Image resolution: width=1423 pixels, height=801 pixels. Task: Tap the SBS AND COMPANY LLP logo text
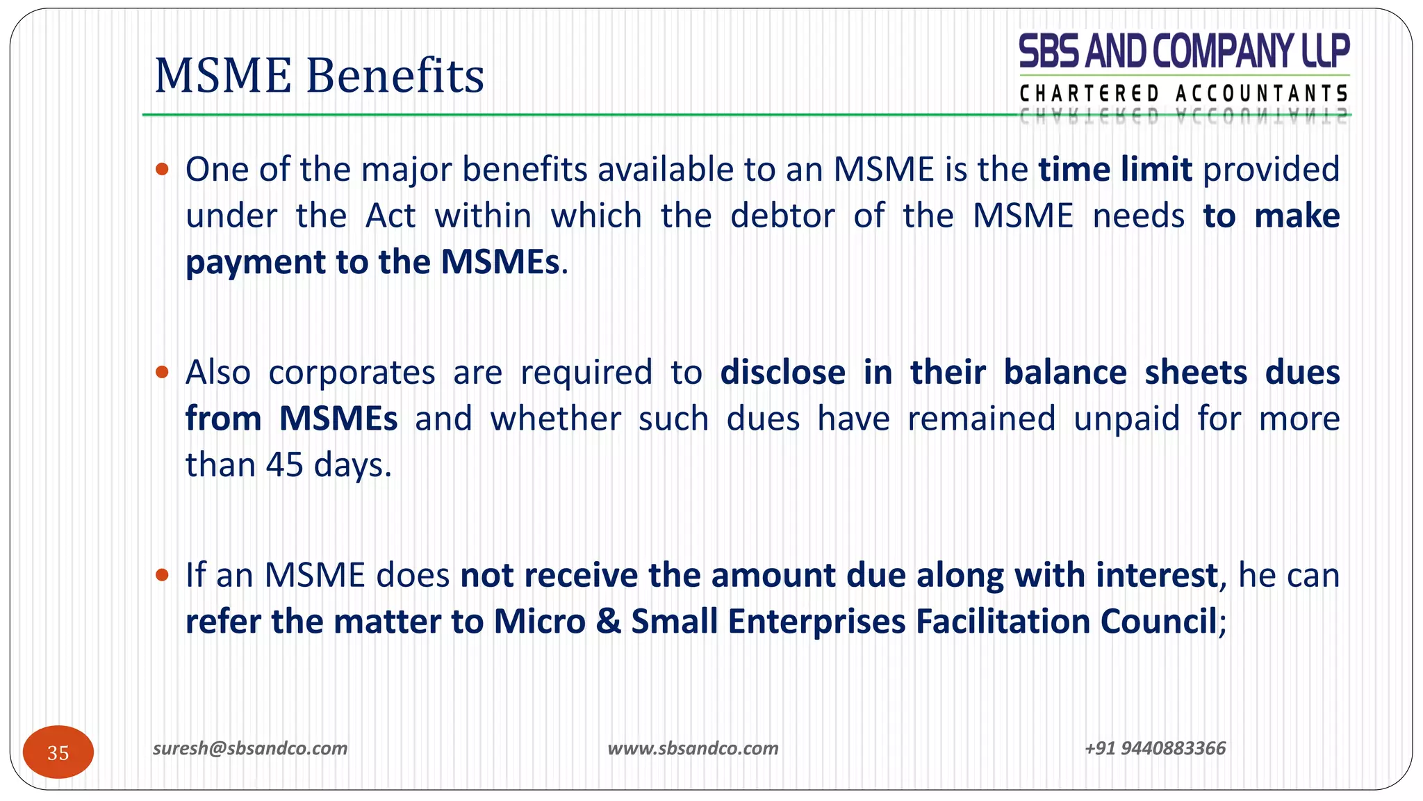tap(1183, 51)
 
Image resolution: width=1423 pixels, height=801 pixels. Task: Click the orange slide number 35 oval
tap(58, 752)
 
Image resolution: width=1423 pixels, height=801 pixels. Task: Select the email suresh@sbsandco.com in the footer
tap(250, 748)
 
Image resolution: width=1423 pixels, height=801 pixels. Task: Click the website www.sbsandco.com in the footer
tap(693, 748)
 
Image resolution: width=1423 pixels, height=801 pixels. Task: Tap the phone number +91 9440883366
tap(1155, 748)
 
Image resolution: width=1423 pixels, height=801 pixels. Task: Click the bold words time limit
tap(1115, 170)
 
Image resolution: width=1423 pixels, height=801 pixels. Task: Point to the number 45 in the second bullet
tap(284, 464)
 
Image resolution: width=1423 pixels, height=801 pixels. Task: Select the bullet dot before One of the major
tap(163, 169)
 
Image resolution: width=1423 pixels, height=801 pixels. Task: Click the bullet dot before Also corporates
tap(163, 372)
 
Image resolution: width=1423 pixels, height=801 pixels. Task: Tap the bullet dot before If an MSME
tap(163, 575)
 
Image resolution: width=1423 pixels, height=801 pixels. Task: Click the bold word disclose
tap(782, 372)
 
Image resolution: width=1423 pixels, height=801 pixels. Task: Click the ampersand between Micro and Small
tap(608, 622)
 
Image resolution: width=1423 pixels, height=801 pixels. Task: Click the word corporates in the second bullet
tap(352, 372)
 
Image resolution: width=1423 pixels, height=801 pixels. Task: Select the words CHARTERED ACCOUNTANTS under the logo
tap(1183, 93)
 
